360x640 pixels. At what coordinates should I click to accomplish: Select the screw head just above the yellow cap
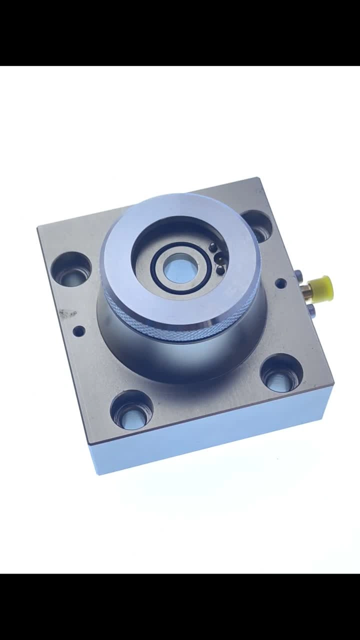(298, 273)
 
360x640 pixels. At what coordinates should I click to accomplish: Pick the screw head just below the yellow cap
(311, 311)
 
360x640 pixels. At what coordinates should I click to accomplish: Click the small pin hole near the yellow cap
(281, 283)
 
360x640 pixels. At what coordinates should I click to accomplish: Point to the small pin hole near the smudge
(79, 330)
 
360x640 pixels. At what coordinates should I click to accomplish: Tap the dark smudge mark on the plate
(66, 314)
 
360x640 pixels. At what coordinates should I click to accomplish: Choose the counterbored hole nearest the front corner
(131, 409)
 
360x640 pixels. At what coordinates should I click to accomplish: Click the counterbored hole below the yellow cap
(282, 373)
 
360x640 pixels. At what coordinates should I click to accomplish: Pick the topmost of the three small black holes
(213, 247)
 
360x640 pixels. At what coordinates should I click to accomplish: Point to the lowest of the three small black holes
(220, 270)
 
